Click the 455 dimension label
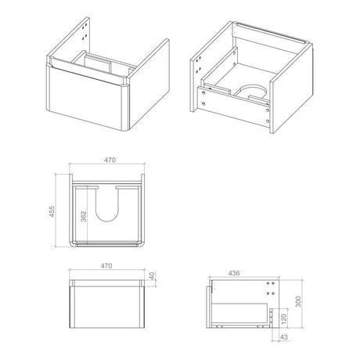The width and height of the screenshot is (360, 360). point(52,211)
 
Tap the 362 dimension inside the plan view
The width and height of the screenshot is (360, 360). point(83,216)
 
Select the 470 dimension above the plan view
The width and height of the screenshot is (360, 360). point(110,160)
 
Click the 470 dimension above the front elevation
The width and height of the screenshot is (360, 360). point(106,266)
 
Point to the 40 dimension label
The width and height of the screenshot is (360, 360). point(153,275)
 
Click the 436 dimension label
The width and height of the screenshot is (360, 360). point(234,273)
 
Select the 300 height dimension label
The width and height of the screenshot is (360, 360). point(298,301)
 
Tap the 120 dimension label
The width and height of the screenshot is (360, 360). point(284,319)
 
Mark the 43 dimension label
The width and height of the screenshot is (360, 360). point(283,337)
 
